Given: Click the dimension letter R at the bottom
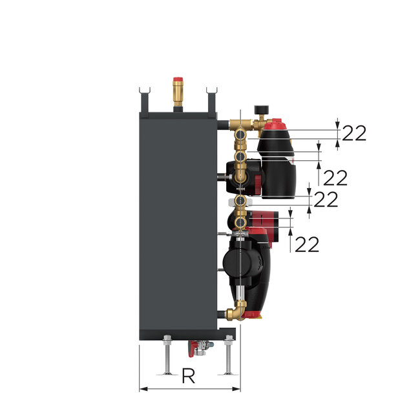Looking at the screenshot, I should (188, 377).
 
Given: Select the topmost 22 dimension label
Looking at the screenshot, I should (354, 133).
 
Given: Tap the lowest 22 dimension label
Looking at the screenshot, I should (308, 244).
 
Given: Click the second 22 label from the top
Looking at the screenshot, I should (335, 177).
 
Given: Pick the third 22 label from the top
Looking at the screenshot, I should (326, 200).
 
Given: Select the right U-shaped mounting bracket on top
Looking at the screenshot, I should (211, 98).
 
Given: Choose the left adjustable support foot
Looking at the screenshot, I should (167, 359).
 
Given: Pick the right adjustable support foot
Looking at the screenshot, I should (229, 359).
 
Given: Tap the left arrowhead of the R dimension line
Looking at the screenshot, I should (143, 388).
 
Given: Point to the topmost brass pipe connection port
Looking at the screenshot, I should (240, 135).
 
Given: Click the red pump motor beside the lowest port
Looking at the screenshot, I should (264, 221).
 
